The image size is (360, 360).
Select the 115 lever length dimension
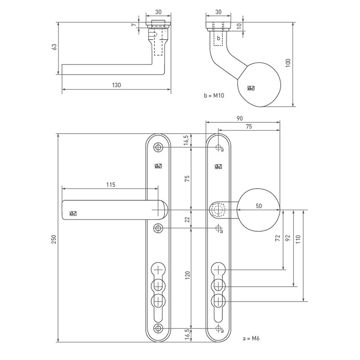pos(111,184)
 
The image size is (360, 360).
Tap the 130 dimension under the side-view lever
pos(117,85)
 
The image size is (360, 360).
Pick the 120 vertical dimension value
pos(187,276)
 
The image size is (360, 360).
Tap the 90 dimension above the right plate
pos(239,118)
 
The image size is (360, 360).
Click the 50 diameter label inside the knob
pos(259,205)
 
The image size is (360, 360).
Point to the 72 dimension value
pos(278,238)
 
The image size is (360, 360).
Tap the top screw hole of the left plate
pos(158,148)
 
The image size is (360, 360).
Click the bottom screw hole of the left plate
pos(158,328)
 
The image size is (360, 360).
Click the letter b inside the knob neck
pos(219,38)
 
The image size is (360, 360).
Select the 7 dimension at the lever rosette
pos(134,25)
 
